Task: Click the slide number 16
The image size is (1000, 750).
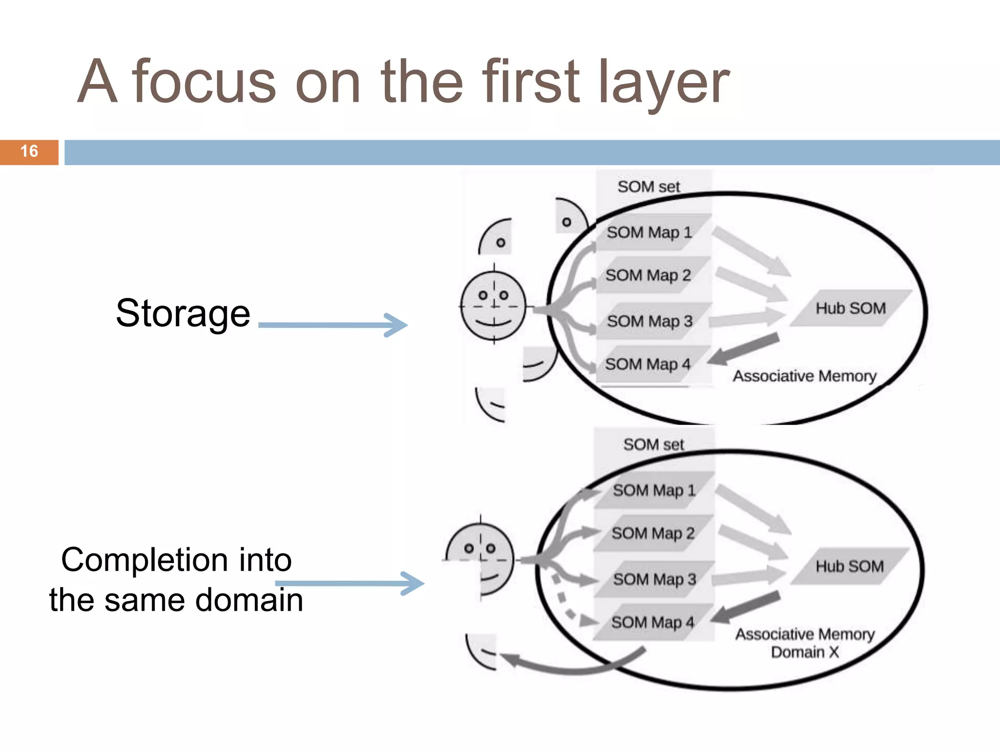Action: [x=29, y=151]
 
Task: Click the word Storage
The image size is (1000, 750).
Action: [x=183, y=313]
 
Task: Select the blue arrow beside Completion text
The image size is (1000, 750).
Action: [x=350, y=583]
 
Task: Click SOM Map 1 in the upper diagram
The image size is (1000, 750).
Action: [x=649, y=232]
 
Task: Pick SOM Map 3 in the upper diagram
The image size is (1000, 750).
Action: [x=650, y=321]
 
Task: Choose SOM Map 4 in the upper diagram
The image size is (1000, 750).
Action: [x=648, y=364]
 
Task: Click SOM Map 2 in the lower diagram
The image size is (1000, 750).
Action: [x=653, y=533]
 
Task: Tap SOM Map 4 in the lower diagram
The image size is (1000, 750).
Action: [x=652, y=623]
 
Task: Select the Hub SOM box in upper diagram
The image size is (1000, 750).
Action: [x=851, y=308]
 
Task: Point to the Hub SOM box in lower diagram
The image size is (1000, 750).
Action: [x=850, y=566]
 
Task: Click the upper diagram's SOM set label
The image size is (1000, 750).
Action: [x=648, y=187]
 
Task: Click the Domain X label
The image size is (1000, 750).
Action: [x=805, y=652]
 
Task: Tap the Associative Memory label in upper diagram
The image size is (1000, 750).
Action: [x=805, y=376]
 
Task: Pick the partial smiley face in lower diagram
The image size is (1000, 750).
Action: [x=481, y=559]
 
